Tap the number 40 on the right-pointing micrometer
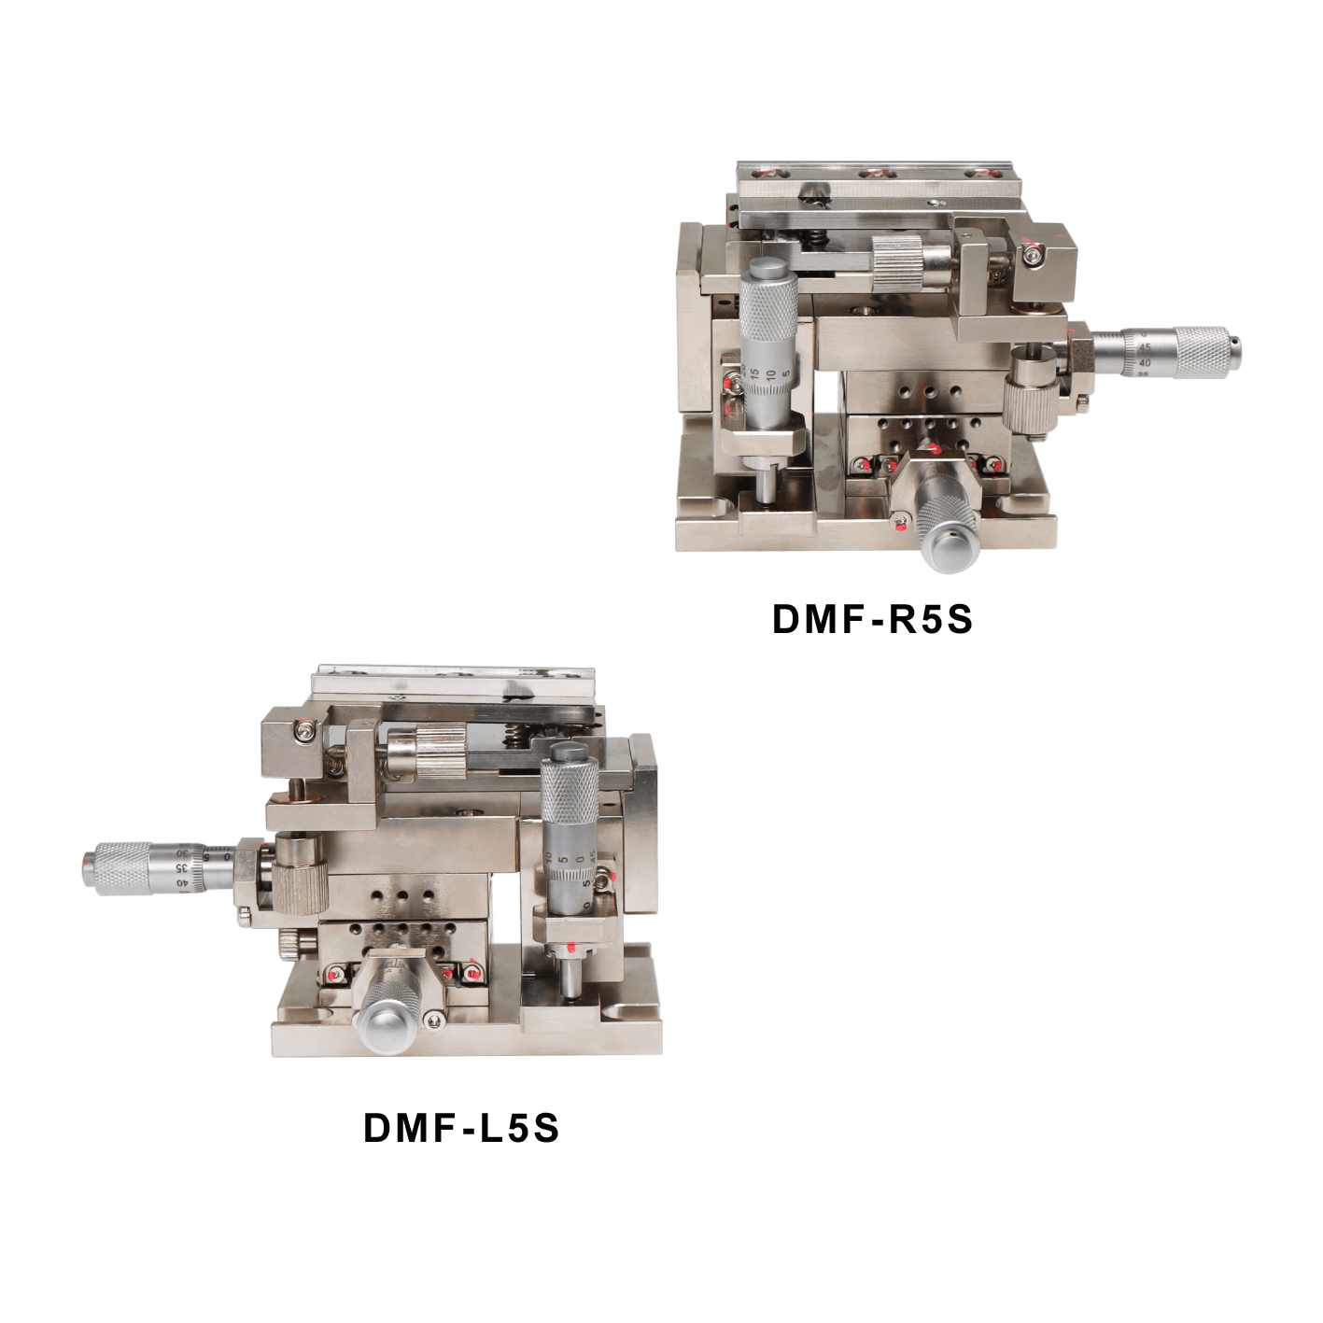[x=1146, y=361]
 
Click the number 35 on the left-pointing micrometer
[x=179, y=867]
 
